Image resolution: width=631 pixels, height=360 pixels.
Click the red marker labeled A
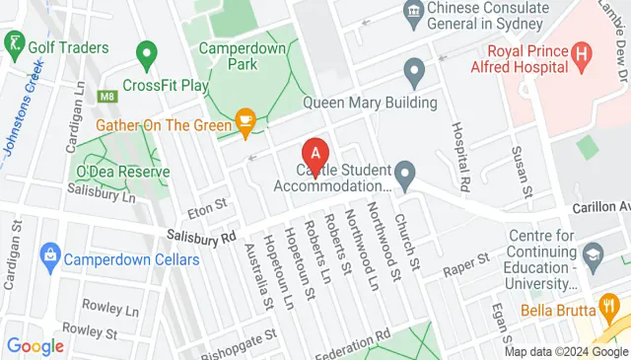coord(315,154)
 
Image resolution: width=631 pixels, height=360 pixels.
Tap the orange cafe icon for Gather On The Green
coord(245,123)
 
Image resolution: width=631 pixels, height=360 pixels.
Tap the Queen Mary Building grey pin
coord(414,70)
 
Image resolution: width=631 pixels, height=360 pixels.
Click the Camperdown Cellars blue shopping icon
coord(49,259)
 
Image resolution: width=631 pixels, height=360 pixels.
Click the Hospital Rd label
coord(460,156)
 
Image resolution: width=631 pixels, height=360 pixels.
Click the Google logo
coord(35,345)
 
